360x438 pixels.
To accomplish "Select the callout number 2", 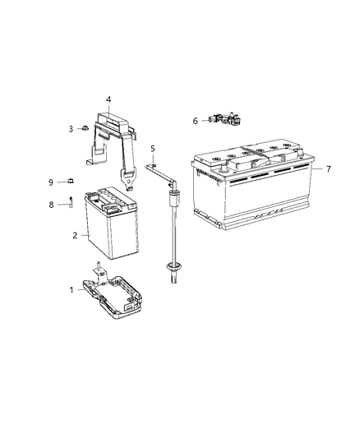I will pos(76,236).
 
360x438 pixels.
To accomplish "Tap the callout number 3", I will pos(72,128).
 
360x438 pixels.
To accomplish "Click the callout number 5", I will pos(152,148).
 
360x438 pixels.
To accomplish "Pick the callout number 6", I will pos(195,121).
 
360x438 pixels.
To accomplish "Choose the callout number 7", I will pos(329,168).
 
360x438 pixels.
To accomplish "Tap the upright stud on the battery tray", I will pos(99,267).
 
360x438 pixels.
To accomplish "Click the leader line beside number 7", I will pos(317,168).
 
